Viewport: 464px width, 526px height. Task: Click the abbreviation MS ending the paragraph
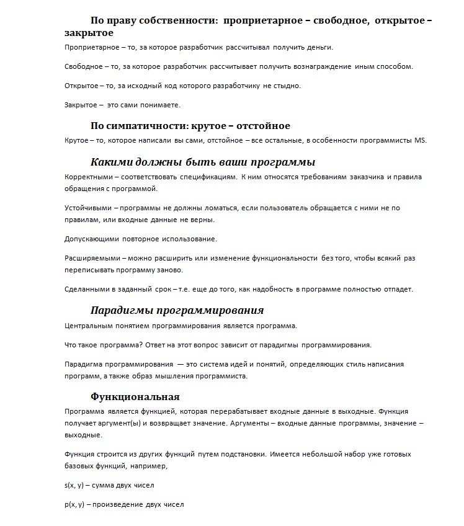[x=421, y=140]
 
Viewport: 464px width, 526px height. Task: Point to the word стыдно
[x=287, y=86]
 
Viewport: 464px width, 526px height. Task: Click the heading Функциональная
[x=135, y=396]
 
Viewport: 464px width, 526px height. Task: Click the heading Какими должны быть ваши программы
[x=203, y=163]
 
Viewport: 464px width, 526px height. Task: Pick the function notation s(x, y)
[x=74, y=484]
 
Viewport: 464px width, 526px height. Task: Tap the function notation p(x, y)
[x=74, y=504]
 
